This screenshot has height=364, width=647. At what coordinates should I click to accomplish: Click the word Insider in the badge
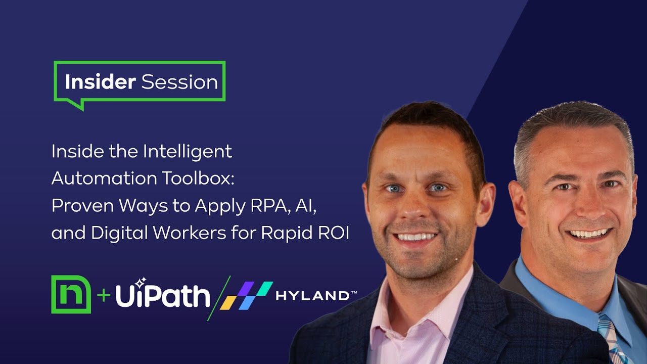pyautogui.click(x=100, y=82)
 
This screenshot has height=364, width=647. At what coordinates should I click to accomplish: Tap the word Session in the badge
pyautogui.click(x=179, y=82)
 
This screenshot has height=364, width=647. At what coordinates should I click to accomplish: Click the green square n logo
pyautogui.click(x=71, y=294)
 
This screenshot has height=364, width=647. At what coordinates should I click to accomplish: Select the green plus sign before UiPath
pyautogui.click(x=103, y=295)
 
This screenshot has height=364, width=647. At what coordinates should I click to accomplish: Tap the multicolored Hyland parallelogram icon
pyautogui.click(x=246, y=296)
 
